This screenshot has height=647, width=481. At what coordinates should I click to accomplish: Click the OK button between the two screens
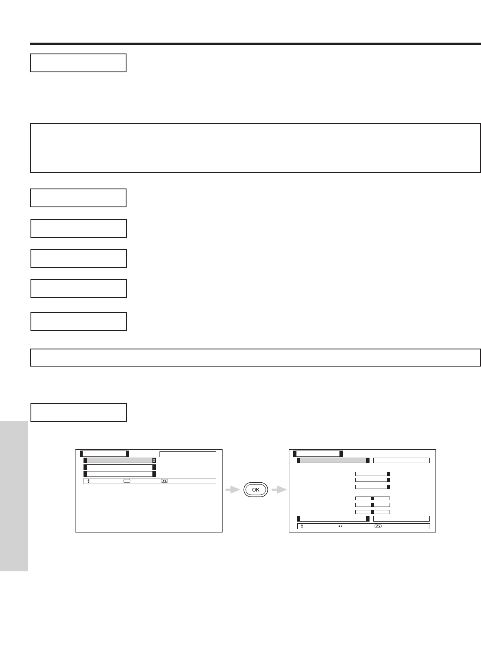click(x=256, y=489)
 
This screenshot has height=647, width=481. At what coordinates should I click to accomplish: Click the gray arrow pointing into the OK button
click(x=232, y=489)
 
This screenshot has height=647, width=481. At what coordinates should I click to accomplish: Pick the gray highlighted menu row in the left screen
click(x=119, y=460)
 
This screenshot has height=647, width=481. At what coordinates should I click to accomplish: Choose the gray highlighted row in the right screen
click(x=333, y=461)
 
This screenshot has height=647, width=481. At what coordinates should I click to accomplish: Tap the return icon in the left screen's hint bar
click(x=164, y=481)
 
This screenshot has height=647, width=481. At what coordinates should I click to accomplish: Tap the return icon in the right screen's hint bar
click(x=378, y=526)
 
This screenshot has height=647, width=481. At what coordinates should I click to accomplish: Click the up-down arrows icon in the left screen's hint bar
click(x=89, y=481)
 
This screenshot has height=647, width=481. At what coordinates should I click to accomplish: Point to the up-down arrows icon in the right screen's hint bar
click(x=302, y=526)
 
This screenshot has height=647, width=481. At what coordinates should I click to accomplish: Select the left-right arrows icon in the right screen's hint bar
click(x=340, y=526)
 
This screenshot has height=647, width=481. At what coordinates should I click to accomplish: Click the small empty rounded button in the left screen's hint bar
click(x=127, y=481)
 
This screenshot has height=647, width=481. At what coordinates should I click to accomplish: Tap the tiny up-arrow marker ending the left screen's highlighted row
click(x=154, y=460)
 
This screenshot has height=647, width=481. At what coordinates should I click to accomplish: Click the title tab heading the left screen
click(x=104, y=453)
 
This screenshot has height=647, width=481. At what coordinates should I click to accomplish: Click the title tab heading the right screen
click(x=318, y=453)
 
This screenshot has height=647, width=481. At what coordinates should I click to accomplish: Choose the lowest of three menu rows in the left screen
click(x=119, y=474)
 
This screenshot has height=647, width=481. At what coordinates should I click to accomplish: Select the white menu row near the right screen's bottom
click(x=333, y=519)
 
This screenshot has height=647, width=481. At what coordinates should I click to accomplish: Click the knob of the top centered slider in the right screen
click(x=372, y=498)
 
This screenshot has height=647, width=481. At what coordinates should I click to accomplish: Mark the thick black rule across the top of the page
click(x=256, y=43)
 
